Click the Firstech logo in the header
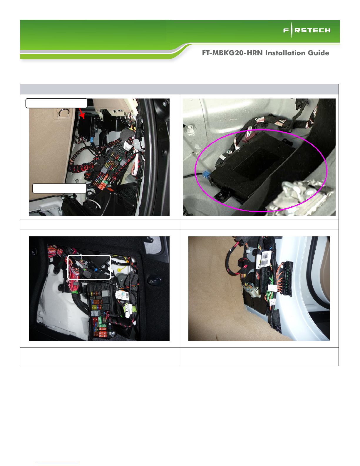307,30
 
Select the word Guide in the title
319,53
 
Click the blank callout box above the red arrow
56,103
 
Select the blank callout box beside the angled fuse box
59,188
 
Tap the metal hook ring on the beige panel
64,112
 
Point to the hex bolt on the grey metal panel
190,129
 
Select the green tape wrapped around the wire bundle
75,292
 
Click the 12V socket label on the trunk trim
33,253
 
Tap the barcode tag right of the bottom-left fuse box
121,295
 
